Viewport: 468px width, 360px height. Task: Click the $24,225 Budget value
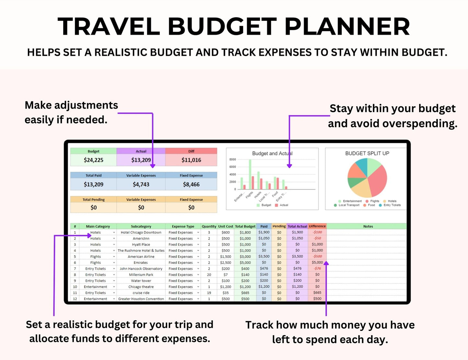(x=94, y=160)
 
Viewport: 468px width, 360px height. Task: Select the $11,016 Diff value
(x=191, y=160)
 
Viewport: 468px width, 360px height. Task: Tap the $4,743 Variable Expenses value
(x=141, y=184)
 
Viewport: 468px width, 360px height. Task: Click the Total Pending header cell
(x=94, y=200)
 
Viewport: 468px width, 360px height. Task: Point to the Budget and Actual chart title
(x=272, y=154)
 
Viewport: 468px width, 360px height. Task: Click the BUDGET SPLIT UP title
(x=367, y=153)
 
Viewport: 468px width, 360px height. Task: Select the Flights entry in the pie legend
(x=374, y=201)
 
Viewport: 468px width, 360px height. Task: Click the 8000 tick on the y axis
(x=233, y=159)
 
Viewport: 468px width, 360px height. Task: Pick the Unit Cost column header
(x=225, y=226)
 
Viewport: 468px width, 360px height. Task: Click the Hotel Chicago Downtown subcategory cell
(x=141, y=232)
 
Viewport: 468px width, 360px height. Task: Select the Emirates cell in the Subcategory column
(x=141, y=263)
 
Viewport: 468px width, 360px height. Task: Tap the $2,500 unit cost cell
(x=225, y=263)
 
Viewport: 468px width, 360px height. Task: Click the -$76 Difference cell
(x=317, y=269)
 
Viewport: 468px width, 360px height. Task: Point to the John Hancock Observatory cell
(x=141, y=269)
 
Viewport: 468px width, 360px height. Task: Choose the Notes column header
(x=368, y=226)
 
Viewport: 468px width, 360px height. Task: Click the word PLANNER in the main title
(x=347, y=27)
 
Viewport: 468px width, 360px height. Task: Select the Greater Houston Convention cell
(x=141, y=299)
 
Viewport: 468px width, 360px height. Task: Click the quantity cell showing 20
(x=209, y=275)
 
